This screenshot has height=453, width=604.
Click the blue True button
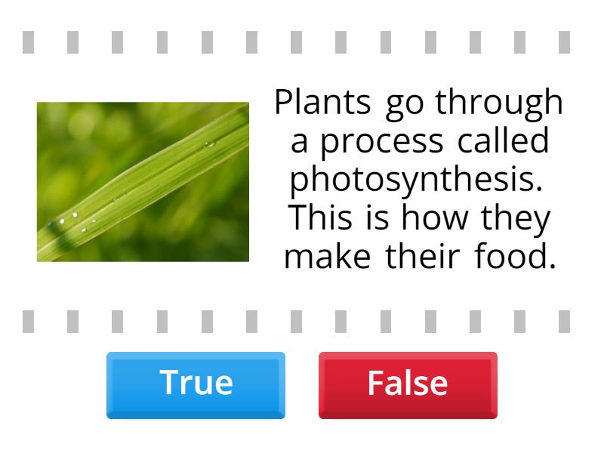pyautogui.click(x=196, y=384)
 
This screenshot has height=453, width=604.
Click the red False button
pyautogui.click(x=408, y=384)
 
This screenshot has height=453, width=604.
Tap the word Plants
pyautogui.click(x=323, y=103)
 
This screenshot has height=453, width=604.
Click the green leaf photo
pyautogui.click(x=143, y=182)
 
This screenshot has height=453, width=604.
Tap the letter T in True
pyautogui.click(x=168, y=384)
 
